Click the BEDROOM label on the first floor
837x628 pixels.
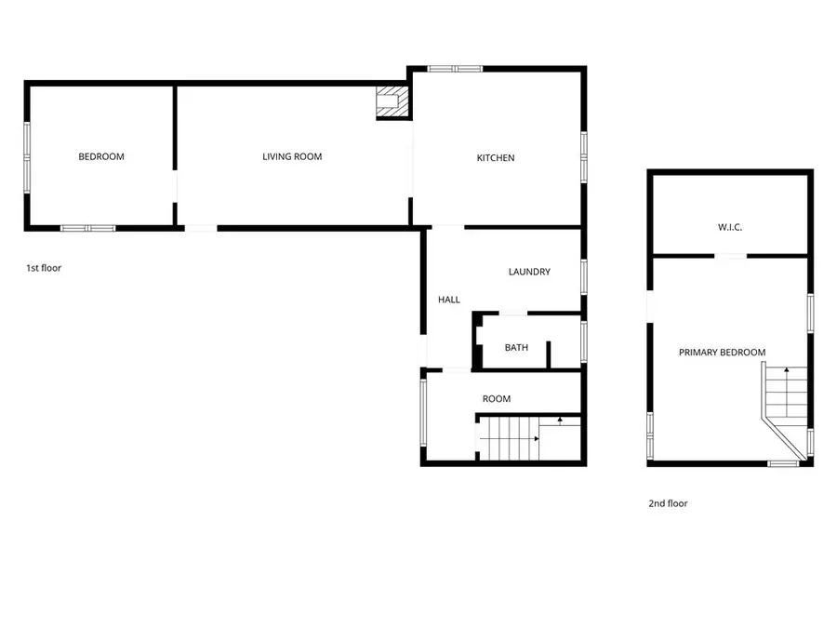point(100,156)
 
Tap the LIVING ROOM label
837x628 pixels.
point(292,156)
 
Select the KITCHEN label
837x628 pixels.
point(495,158)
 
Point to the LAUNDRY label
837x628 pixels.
point(529,272)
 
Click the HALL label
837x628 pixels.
point(449,300)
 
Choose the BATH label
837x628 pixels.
point(516,348)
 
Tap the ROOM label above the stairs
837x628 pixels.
point(497,399)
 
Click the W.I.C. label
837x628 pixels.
point(730,227)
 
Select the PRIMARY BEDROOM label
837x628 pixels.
point(722,353)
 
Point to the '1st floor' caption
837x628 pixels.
point(44,268)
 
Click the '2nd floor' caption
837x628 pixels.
point(668,503)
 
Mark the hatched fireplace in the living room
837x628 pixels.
point(392,102)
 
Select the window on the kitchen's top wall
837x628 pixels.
point(455,68)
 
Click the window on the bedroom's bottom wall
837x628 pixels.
point(87,228)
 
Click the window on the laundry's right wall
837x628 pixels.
point(583,276)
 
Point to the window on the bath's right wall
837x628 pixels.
point(583,341)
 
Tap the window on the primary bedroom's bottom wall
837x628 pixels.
point(783,462)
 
